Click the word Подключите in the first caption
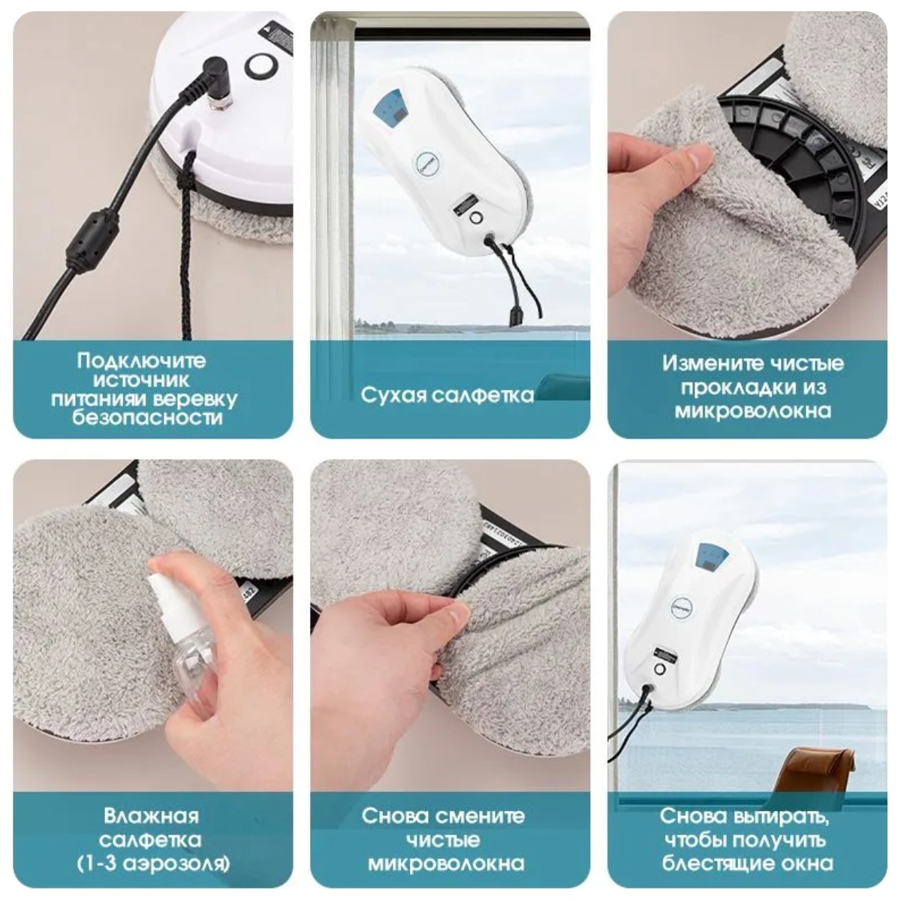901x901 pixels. [141, 361]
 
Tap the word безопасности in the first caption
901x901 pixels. [147, 417]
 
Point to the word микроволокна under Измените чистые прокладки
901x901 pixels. [753, 411]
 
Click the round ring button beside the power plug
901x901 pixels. [259, 65]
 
